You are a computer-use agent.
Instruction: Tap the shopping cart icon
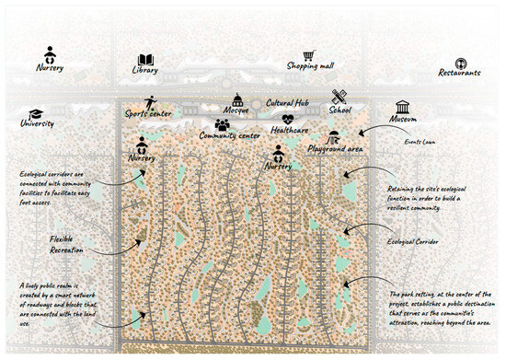tap(308, 55)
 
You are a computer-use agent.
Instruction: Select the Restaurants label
tap(460, 72)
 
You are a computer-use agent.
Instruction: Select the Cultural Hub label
tap(292, 103)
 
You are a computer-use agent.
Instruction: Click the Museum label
tap(402, 122)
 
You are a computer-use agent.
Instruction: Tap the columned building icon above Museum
tap(402, 107)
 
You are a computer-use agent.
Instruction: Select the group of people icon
tap(223, 123)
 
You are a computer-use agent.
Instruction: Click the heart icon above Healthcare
tap(288, 119)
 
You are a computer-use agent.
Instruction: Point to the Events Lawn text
tap(420, 143)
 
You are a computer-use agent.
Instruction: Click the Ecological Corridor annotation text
tap(413, 242)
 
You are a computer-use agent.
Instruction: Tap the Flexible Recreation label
tap(67, 244)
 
